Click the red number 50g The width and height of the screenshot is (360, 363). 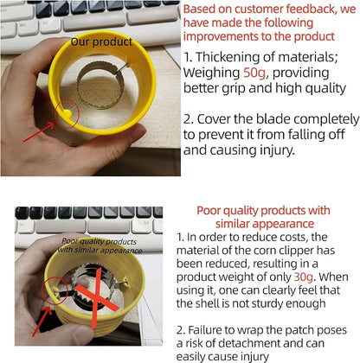click(254, 73)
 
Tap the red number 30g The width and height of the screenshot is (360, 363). click(303, 277)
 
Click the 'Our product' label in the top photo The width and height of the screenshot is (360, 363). click(101, 42)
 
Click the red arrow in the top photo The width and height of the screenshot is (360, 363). click(38, 132)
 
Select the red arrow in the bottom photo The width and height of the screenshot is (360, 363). click(42, 322)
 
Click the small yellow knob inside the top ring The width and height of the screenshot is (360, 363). click(67, 113)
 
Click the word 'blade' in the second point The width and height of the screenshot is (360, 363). click(272, 118)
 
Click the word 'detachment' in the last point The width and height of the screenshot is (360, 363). click(249, 343)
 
